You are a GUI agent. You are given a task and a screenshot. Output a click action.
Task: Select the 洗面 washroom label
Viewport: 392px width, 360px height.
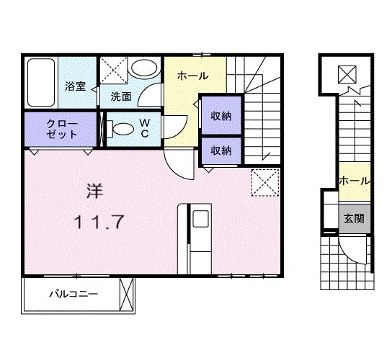120,96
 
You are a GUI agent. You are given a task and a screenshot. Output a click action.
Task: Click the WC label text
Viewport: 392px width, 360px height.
144,128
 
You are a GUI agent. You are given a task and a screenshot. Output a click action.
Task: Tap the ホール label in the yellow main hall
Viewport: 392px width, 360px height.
192,76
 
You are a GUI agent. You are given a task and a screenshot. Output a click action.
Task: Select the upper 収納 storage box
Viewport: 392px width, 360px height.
220,115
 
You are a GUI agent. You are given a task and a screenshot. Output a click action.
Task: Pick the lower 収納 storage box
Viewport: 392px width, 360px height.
220,150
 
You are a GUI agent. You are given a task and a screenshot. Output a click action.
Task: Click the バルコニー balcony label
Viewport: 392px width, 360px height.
73,294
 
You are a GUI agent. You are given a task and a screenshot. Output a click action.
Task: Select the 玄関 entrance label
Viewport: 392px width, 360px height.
353,218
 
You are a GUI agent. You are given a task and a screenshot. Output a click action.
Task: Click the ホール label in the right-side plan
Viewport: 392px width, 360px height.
354,181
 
